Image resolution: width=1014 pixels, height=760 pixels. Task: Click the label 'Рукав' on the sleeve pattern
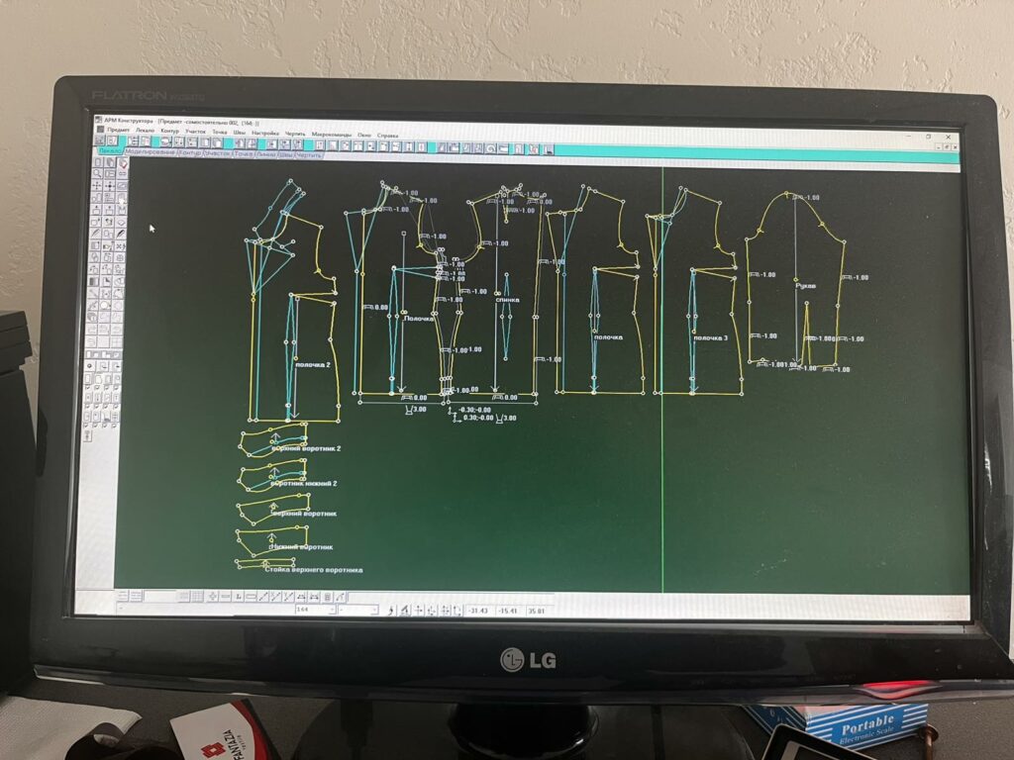pos(806,286)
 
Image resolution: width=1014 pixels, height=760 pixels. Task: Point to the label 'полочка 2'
pos(313,364)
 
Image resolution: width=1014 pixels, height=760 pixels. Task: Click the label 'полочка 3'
pos(710,338)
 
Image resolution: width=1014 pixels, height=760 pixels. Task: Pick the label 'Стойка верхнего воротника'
pos(313,569)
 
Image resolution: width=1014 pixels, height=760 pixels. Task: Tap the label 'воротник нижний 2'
pos(304,483)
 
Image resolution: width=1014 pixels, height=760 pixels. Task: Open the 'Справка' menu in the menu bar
pos(388,134)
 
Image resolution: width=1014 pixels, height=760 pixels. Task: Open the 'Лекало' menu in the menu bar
pos(146,130)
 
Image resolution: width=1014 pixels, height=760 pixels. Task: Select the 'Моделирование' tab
pos(151,152)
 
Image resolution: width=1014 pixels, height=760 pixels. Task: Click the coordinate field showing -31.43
pos(479,611)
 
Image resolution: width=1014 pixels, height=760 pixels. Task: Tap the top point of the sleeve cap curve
pos(794,194)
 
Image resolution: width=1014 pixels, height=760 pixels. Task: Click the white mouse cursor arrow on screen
pos(152,228)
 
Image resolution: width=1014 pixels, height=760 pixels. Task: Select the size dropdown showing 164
pos(315,610)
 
